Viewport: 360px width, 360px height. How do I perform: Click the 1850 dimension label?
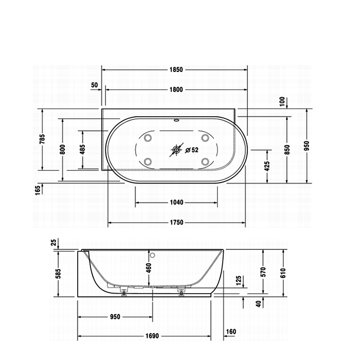[176, 69]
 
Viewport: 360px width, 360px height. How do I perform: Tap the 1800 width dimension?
[176, 89]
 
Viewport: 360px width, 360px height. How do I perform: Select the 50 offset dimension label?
[94, 85]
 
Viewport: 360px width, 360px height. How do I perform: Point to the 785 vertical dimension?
[42, 139]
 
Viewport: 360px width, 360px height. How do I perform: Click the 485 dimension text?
[83, 149]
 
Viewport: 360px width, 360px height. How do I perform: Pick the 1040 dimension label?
[176, 202]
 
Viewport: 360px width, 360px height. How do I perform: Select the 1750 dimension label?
[176, 223]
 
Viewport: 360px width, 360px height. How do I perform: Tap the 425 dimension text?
[267, 166]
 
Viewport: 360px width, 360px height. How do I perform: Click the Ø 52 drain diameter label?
[192, 150]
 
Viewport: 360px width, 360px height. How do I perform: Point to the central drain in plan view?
[176, 150]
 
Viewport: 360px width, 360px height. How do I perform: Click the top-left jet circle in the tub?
[148, 138]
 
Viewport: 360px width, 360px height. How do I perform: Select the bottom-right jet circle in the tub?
[205, 161]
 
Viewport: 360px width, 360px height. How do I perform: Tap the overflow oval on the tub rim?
[176, 120]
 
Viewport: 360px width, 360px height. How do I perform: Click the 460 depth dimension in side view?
[149, 268]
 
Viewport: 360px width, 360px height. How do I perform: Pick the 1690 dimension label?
[152, 336]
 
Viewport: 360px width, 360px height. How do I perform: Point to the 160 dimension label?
[231, 332]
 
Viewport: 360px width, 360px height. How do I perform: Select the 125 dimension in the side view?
[239, 280]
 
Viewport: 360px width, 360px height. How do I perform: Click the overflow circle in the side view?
[152, 255]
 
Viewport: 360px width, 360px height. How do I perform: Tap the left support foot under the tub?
[124, 292]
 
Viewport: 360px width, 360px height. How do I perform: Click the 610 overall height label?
[283, 273]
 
